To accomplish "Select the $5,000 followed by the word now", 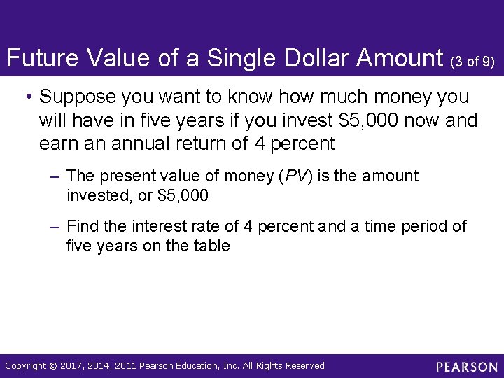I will tap(371, 120).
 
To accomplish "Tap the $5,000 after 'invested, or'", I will tap(183, 195).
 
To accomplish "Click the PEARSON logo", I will tap(466, 367).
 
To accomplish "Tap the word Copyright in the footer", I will tap(25, 366).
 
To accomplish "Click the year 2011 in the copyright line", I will tap(124, 366).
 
